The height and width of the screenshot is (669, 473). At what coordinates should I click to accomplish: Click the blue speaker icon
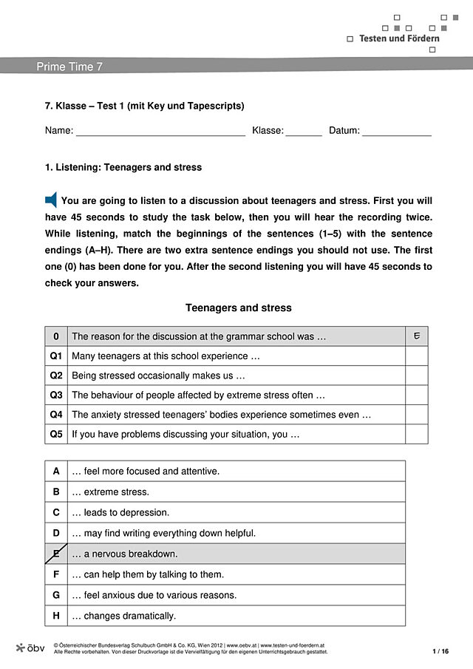tap(51, 200)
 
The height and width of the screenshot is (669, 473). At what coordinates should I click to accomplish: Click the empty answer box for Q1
tap(417, 356)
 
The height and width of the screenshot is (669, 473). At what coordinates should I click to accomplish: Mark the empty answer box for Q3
tap(417, 395)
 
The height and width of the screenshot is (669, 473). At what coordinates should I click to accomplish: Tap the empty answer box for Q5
tap(417, 435)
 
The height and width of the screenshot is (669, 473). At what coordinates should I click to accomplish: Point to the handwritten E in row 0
tap(417, 336)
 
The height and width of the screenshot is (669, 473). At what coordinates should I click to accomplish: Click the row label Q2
tap(56, 376)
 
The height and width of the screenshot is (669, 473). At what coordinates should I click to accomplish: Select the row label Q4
tap(56, 415)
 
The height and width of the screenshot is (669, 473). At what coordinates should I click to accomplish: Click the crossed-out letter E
tap(56, 554)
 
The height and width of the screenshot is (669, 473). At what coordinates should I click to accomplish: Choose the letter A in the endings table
tap(56, 471)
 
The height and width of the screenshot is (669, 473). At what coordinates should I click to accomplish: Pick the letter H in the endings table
tap(56, 616)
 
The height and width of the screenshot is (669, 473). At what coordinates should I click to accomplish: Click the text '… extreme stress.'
tap(110, 492)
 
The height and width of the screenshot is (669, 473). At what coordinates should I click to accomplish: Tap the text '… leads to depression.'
tap(120, 512)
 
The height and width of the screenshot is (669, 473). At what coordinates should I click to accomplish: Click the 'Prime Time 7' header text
tap(69, 67)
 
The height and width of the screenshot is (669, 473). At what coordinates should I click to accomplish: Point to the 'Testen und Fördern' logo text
tap(399, 38)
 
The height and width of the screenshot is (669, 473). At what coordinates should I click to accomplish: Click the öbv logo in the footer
tap(30, 648)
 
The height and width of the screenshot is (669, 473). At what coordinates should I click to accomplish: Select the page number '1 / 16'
tap(440, 651)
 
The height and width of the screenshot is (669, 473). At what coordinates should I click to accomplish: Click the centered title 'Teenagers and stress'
tap(238, 308)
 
